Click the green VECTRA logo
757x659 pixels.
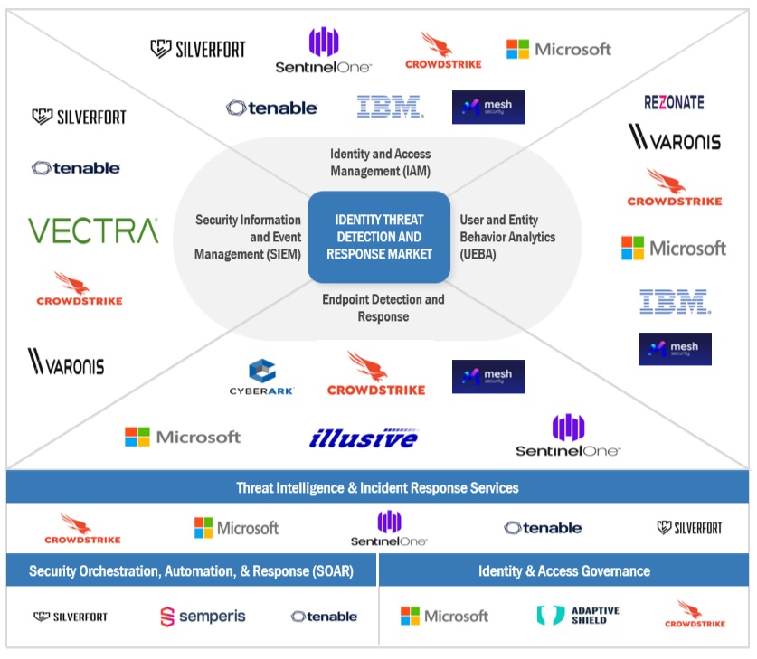(93, 231)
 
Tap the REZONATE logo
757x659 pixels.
(674, 102)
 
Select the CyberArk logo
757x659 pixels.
(261, 379)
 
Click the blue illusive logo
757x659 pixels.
(363, 438)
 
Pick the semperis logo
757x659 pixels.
(204, 617)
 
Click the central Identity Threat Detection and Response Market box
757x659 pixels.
(379, 237)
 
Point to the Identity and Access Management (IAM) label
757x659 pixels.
(380, 163)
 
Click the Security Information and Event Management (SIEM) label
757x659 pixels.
(248, 237)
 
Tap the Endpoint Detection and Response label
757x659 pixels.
(383, 308)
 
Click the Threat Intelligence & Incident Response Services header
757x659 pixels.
(377, 487)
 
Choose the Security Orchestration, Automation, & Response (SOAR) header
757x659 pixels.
(191, 571)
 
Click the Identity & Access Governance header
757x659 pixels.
(564, 571)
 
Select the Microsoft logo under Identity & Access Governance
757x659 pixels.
(444, 616)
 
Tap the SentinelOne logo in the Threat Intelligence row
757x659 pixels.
(389, 528)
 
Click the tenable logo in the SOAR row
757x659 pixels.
(324, 617)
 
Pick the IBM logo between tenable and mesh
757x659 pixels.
(390, 107)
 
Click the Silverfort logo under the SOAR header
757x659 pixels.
(71, 617)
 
